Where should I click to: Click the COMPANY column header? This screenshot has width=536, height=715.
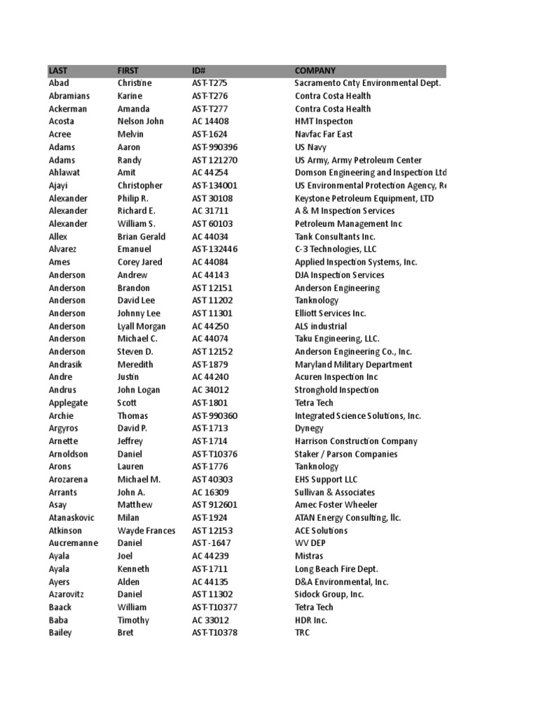click(315, 71)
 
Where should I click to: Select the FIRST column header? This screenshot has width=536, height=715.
click(128, 71)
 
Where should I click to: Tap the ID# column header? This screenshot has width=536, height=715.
click(198, 71)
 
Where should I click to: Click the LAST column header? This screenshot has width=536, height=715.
click(58, 71)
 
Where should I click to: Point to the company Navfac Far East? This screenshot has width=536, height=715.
click(324, 134)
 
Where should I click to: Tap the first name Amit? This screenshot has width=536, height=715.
click(126, 172)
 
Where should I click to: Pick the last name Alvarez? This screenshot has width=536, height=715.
click(64, 249)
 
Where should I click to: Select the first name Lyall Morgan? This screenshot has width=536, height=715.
click(142, 326)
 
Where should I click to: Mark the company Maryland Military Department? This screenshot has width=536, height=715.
click(353, 364)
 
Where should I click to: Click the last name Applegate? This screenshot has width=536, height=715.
click(68, 403)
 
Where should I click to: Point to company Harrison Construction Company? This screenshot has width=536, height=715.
click(356, 441)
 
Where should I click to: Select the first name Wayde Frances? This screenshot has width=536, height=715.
click(146, 531)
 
